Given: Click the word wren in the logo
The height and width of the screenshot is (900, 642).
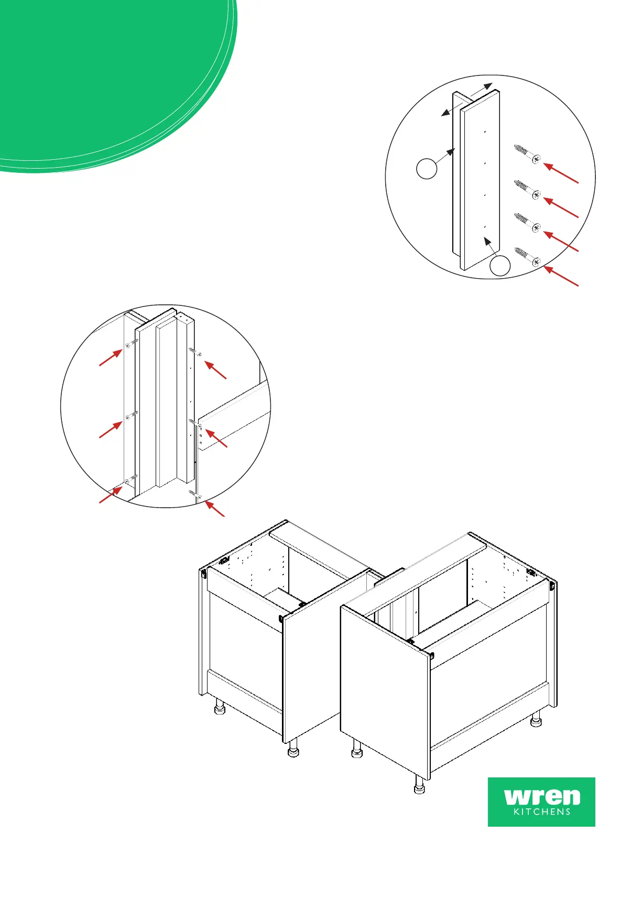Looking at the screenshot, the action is click(x=542, y=797).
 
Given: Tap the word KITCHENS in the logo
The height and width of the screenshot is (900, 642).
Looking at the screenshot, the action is click(x=542, y=813).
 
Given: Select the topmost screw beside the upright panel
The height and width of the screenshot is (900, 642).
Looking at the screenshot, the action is click(x=527, y=153).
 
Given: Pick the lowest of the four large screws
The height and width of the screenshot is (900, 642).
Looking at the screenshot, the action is click(x=527, y=256).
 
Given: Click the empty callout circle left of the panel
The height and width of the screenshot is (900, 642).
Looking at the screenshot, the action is click(x=427, y=169).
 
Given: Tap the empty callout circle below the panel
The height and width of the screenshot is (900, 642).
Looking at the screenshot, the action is click(x=500, y=266).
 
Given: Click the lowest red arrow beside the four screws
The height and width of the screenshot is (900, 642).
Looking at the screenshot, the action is click(x=561, y=277).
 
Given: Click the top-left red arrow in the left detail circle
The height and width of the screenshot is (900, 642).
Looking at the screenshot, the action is click(x=111, y=358).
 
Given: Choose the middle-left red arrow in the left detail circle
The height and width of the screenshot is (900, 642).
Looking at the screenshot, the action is click(x=111, y=430).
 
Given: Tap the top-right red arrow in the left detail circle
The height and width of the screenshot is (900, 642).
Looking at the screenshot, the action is click(x=215, y=369).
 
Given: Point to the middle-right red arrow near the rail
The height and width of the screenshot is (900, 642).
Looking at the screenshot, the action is click(x=216, y=438).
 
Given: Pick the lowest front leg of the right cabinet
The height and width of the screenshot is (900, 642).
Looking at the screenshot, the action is click(x=419, y=785).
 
